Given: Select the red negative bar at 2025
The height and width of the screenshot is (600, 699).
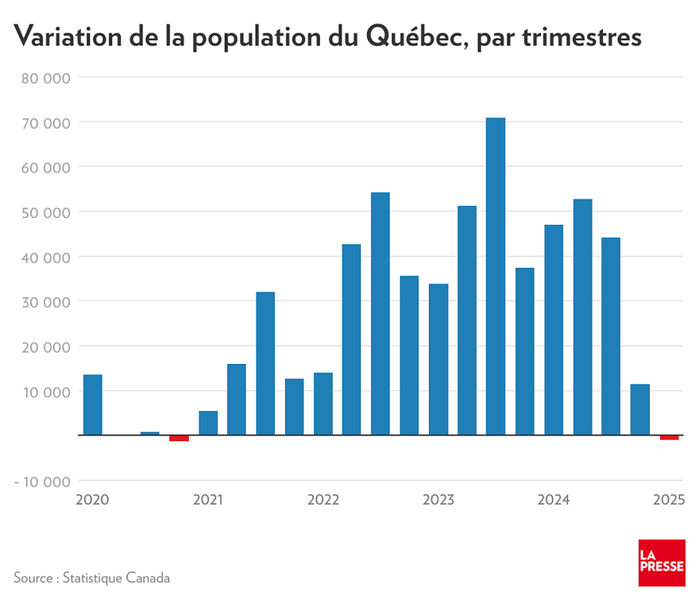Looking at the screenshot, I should tap(669, 437).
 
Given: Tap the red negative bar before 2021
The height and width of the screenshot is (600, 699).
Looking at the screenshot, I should tap(179, 438).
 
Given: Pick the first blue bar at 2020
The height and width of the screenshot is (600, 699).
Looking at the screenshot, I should tap(92, 405).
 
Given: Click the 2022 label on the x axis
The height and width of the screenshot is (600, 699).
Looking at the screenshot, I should tap(323, 500).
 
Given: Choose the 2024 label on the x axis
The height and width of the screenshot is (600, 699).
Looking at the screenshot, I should tap(554, 500).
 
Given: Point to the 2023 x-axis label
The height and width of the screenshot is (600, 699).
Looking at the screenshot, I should tap(438, 500).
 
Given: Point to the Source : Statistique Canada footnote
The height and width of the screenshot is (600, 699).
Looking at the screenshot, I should tap(91, 578).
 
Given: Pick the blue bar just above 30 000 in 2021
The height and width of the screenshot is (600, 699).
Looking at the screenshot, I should tap(265, 363).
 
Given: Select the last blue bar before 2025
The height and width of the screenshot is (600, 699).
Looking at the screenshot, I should tap(640, 409).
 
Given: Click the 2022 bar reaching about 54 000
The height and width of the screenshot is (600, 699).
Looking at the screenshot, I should tap(380, 314).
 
